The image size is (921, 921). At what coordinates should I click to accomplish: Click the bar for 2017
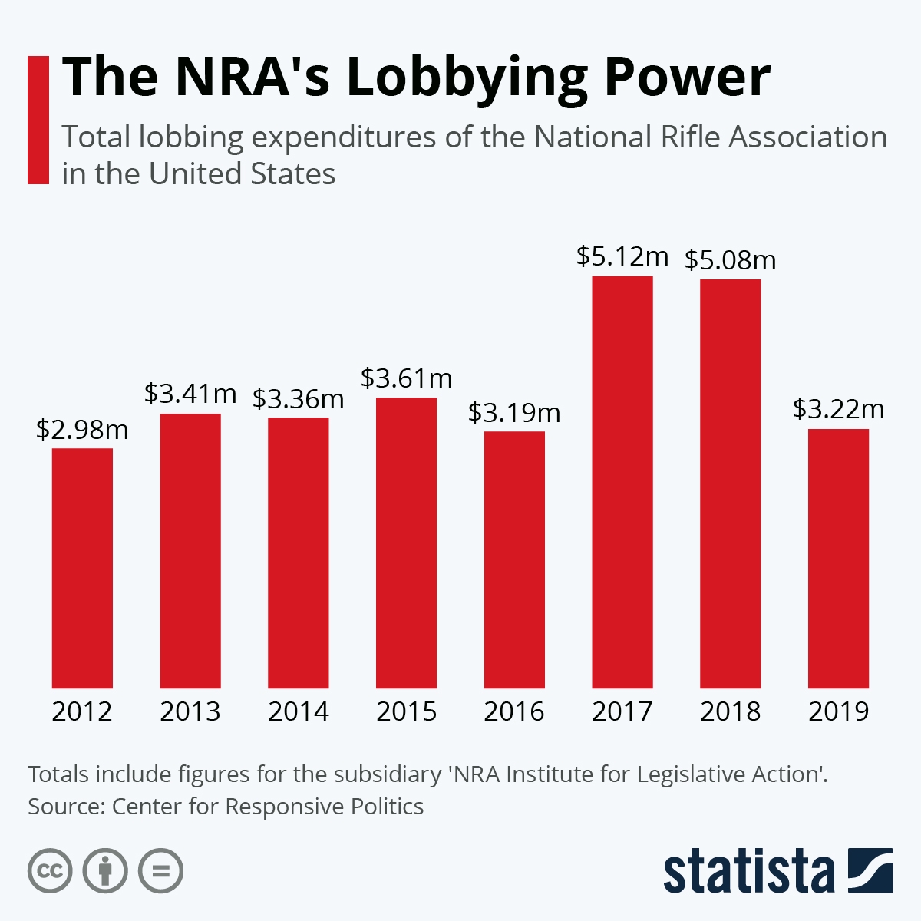click(x=622, y=482)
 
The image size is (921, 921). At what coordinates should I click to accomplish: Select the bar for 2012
click(x=82, y=568)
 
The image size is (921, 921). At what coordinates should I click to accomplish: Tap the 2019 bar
click(x=838, y=559)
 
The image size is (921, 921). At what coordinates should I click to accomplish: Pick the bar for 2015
click(x=406, y=543)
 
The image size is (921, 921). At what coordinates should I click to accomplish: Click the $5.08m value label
click(x=730, y=260)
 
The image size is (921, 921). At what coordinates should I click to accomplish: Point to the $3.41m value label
click(x=190, y=394)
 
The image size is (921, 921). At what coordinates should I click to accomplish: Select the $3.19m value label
click(x=514, y=413)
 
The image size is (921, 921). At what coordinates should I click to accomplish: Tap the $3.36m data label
click(x=298, y=399)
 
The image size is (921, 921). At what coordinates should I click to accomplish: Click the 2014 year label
click(x=298, y=711)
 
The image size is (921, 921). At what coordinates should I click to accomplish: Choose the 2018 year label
click(x=730, y=711)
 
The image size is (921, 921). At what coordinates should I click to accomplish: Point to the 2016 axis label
click(x=514, y=711)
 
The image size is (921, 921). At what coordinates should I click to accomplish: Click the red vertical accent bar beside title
click(x=38, y=120)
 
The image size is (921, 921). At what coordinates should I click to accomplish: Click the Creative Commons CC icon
click(x=50, y=871)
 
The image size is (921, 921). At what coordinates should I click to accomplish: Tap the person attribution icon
click(x=105, y=871)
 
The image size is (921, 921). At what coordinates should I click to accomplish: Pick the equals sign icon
click(x=161, y=871)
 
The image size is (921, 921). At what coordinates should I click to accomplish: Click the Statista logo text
click(x=748, y=872)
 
